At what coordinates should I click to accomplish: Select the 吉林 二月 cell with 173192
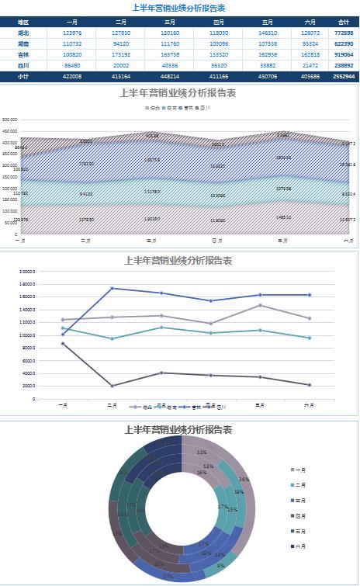pyautogui.click(x=121, y=55)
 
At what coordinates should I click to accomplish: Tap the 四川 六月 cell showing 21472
pyautogui.click(x=310, y=66)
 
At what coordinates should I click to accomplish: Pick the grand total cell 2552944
pyautogui.click(x=344, y=77)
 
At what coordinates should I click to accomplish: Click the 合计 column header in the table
pyautogui.click(x=344, y=23)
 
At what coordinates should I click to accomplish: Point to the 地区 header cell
pyautogui.click(x=23, y=23)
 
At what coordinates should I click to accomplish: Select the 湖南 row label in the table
pyautogui.click(x=23, y=44)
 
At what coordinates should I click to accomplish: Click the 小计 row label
pyautogui.click(x=23, y=77)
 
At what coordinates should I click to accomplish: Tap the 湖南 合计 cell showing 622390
pyautogui.click(x=344, y=44)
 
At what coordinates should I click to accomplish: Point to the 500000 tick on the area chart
pyautogui.click(x=10, y=120)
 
